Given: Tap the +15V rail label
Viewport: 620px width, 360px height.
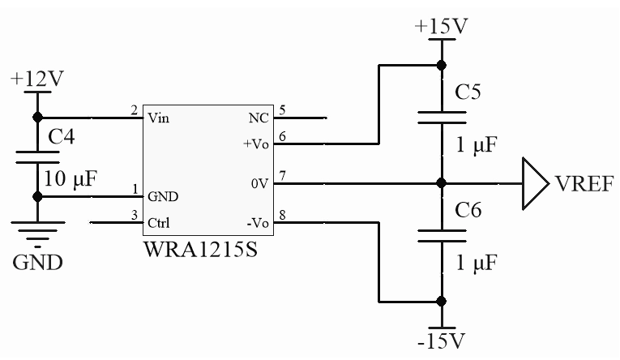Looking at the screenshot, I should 441,26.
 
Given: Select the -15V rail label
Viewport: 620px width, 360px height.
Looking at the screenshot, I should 443,337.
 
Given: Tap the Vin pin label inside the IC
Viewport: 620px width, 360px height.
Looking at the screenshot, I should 159,118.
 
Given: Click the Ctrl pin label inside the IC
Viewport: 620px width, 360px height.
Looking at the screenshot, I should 158,222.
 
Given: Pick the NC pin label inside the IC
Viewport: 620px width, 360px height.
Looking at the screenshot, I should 258,118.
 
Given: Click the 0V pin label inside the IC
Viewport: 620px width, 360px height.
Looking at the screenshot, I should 260,183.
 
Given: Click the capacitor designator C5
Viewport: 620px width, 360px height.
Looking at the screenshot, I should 469,92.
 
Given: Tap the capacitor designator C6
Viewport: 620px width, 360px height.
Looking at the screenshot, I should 469,212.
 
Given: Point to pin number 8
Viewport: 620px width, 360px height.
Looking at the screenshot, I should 283,215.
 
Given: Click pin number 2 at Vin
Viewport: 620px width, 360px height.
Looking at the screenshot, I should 134,110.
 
